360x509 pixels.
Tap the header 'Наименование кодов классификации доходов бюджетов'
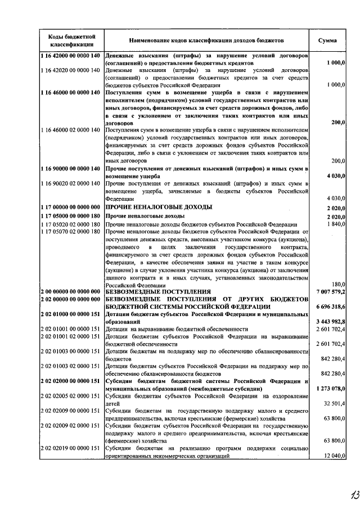click(206, 40)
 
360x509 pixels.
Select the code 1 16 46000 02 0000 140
click(70, 130)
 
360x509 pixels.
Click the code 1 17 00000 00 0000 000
click(70, 207)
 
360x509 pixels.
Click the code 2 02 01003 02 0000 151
click(70, 366)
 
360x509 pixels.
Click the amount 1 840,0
click(334, 224)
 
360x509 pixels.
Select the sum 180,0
click(337, 284)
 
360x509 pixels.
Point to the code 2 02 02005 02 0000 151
click(70, 396)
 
